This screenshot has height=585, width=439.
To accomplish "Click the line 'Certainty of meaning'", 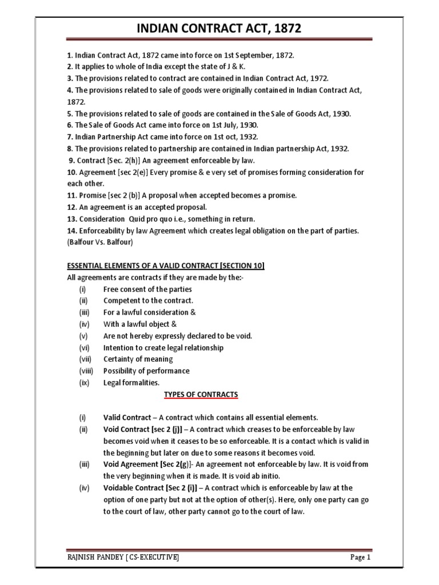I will tap(138, 359).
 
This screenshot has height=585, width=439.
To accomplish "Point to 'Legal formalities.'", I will tap(131, 383).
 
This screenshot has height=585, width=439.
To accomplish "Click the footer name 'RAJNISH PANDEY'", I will tap(89, 557).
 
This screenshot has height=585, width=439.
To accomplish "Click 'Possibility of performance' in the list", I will tap(146, 371).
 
